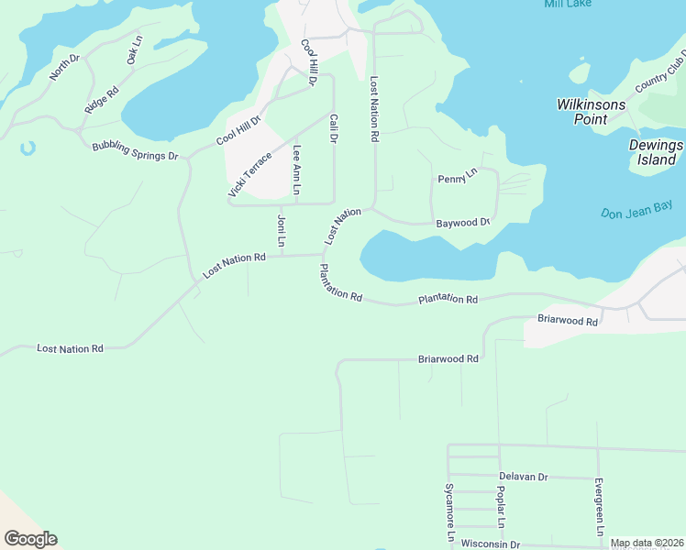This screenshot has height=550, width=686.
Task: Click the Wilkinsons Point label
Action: (x=591, y=112)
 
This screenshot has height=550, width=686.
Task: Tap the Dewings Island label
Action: (x=656, y=152)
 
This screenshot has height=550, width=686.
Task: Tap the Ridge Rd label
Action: (x=101, y=99)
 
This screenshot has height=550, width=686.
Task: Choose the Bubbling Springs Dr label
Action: (x=134, y=151)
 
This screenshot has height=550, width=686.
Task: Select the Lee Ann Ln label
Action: (x=296, y=170)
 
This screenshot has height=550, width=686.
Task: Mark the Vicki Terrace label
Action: (x=249, y=174)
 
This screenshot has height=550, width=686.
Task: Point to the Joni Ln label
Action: (x=282, y=231)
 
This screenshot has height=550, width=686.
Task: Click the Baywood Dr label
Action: (x=463, y=223)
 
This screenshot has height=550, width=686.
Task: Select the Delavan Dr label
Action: (x=523, y=477)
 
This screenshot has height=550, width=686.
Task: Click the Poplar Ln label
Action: (x=501, y=509)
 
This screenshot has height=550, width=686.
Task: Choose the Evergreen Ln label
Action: (x=598, y=507)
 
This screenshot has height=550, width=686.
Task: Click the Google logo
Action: (x=30, y=538)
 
